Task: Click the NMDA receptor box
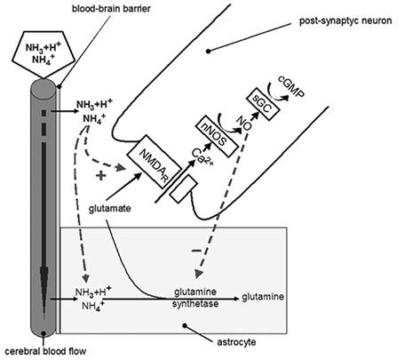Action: coord(155,162)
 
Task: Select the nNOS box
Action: coord(217,136)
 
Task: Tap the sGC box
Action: coord(263,104)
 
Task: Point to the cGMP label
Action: coord(291,87)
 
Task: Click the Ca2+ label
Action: coord(202,156)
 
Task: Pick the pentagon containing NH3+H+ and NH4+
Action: coord(44,54)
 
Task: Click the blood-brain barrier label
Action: coord(111,8)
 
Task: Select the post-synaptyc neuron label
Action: coord(345,21)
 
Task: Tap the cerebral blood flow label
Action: coord(45,351)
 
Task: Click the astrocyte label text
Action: coord(236,342)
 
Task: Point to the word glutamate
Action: coord(110,208)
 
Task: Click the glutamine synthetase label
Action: coord(195,298)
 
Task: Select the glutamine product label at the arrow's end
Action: coord(263,297)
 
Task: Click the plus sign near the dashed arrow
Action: coord(101,176)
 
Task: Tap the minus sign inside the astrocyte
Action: coord(196,251)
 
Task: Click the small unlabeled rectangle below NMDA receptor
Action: coord(184,188)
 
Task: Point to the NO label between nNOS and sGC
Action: coord(244,123)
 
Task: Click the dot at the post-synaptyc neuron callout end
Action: coord(209,51)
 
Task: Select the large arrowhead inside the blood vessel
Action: coord(44,287)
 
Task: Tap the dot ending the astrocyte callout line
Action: coord(185,325)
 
